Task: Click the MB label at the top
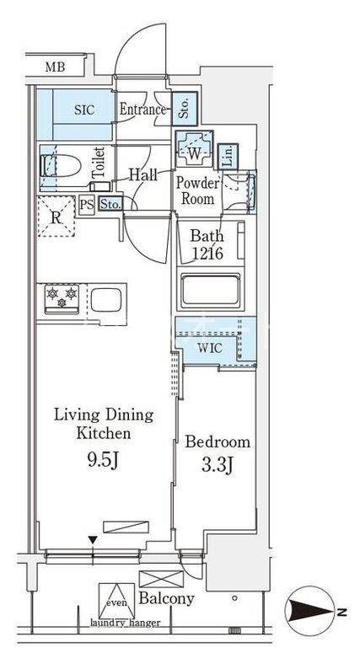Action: click(x=55, y=67)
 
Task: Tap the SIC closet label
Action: click(x=84, y=110)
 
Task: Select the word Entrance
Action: click(x=142, y=110)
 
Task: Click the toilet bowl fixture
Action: click(x=61, y=164)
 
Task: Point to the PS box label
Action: click(x=87, y=205)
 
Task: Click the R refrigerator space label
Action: click(x=56, y=217)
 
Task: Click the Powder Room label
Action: click(x=197, y=190)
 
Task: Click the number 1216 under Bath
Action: click(x=207, y=254)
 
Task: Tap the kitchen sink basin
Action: click(x=106, y=299)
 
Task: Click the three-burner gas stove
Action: click(x=62, y=298)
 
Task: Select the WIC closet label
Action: click(x=209, y=348)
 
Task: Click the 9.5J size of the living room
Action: click(x=103, y=460)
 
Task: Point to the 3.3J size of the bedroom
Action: click(x=217, y=465)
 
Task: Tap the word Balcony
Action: click(x=167, y=598)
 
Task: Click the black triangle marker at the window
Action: click(x=93, y=541)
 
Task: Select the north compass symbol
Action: click(x=311, y=612)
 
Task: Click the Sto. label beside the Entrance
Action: click(x=185, y=109)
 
